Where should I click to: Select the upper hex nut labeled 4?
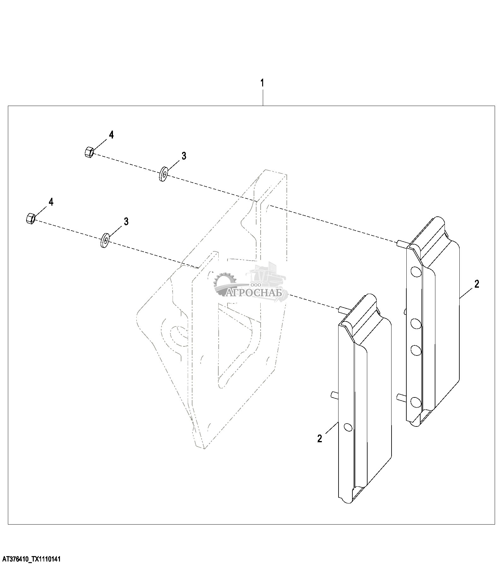[89, 152]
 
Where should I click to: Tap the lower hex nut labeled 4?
[30, 219]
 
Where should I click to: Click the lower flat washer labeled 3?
[105, 240]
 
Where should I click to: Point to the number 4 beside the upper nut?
[111, 135]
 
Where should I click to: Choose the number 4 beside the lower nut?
[51, 202]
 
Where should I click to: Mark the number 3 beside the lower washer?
[126, 221]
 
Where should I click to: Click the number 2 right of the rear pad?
[476, 284]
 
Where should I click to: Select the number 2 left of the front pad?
[320, 438]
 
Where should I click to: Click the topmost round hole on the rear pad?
[416, 271]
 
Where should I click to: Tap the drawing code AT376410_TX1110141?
[30, 559]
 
